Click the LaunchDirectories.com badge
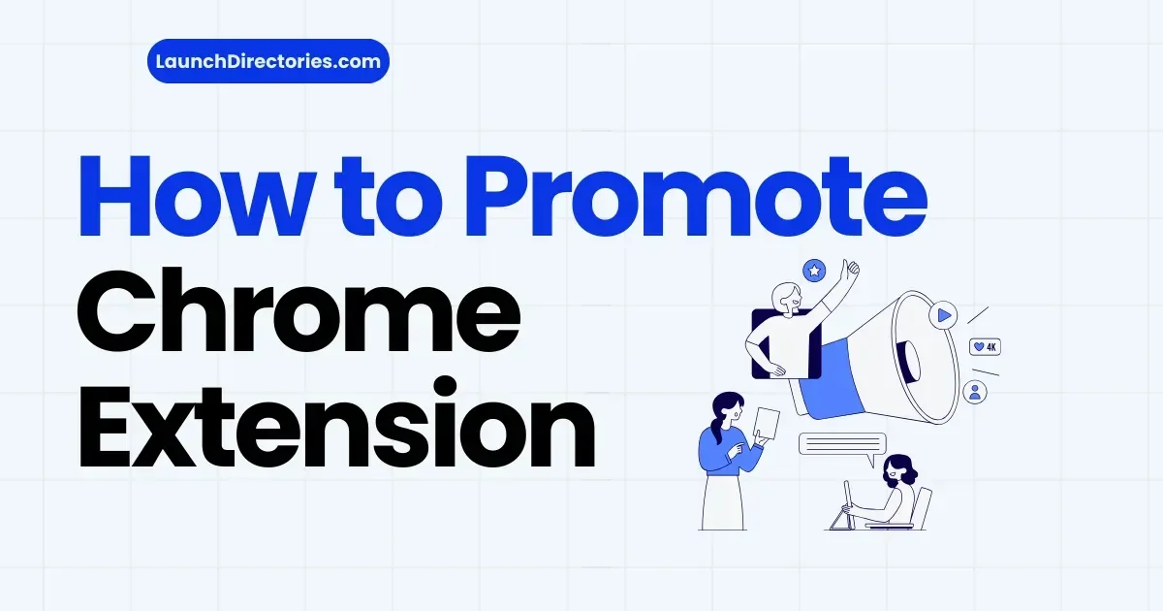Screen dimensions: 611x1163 coord(268,61)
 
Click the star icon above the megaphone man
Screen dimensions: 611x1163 coord(814,270)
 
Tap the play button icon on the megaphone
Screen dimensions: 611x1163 coord(942,315)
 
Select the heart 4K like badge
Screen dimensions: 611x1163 coord(985,346)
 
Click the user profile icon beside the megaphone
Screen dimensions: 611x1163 coord(975,392)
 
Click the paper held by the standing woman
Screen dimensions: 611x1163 coord(768,423)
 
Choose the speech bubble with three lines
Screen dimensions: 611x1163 coord(842,444)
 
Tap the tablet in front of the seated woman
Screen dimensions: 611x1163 coord(846,503)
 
